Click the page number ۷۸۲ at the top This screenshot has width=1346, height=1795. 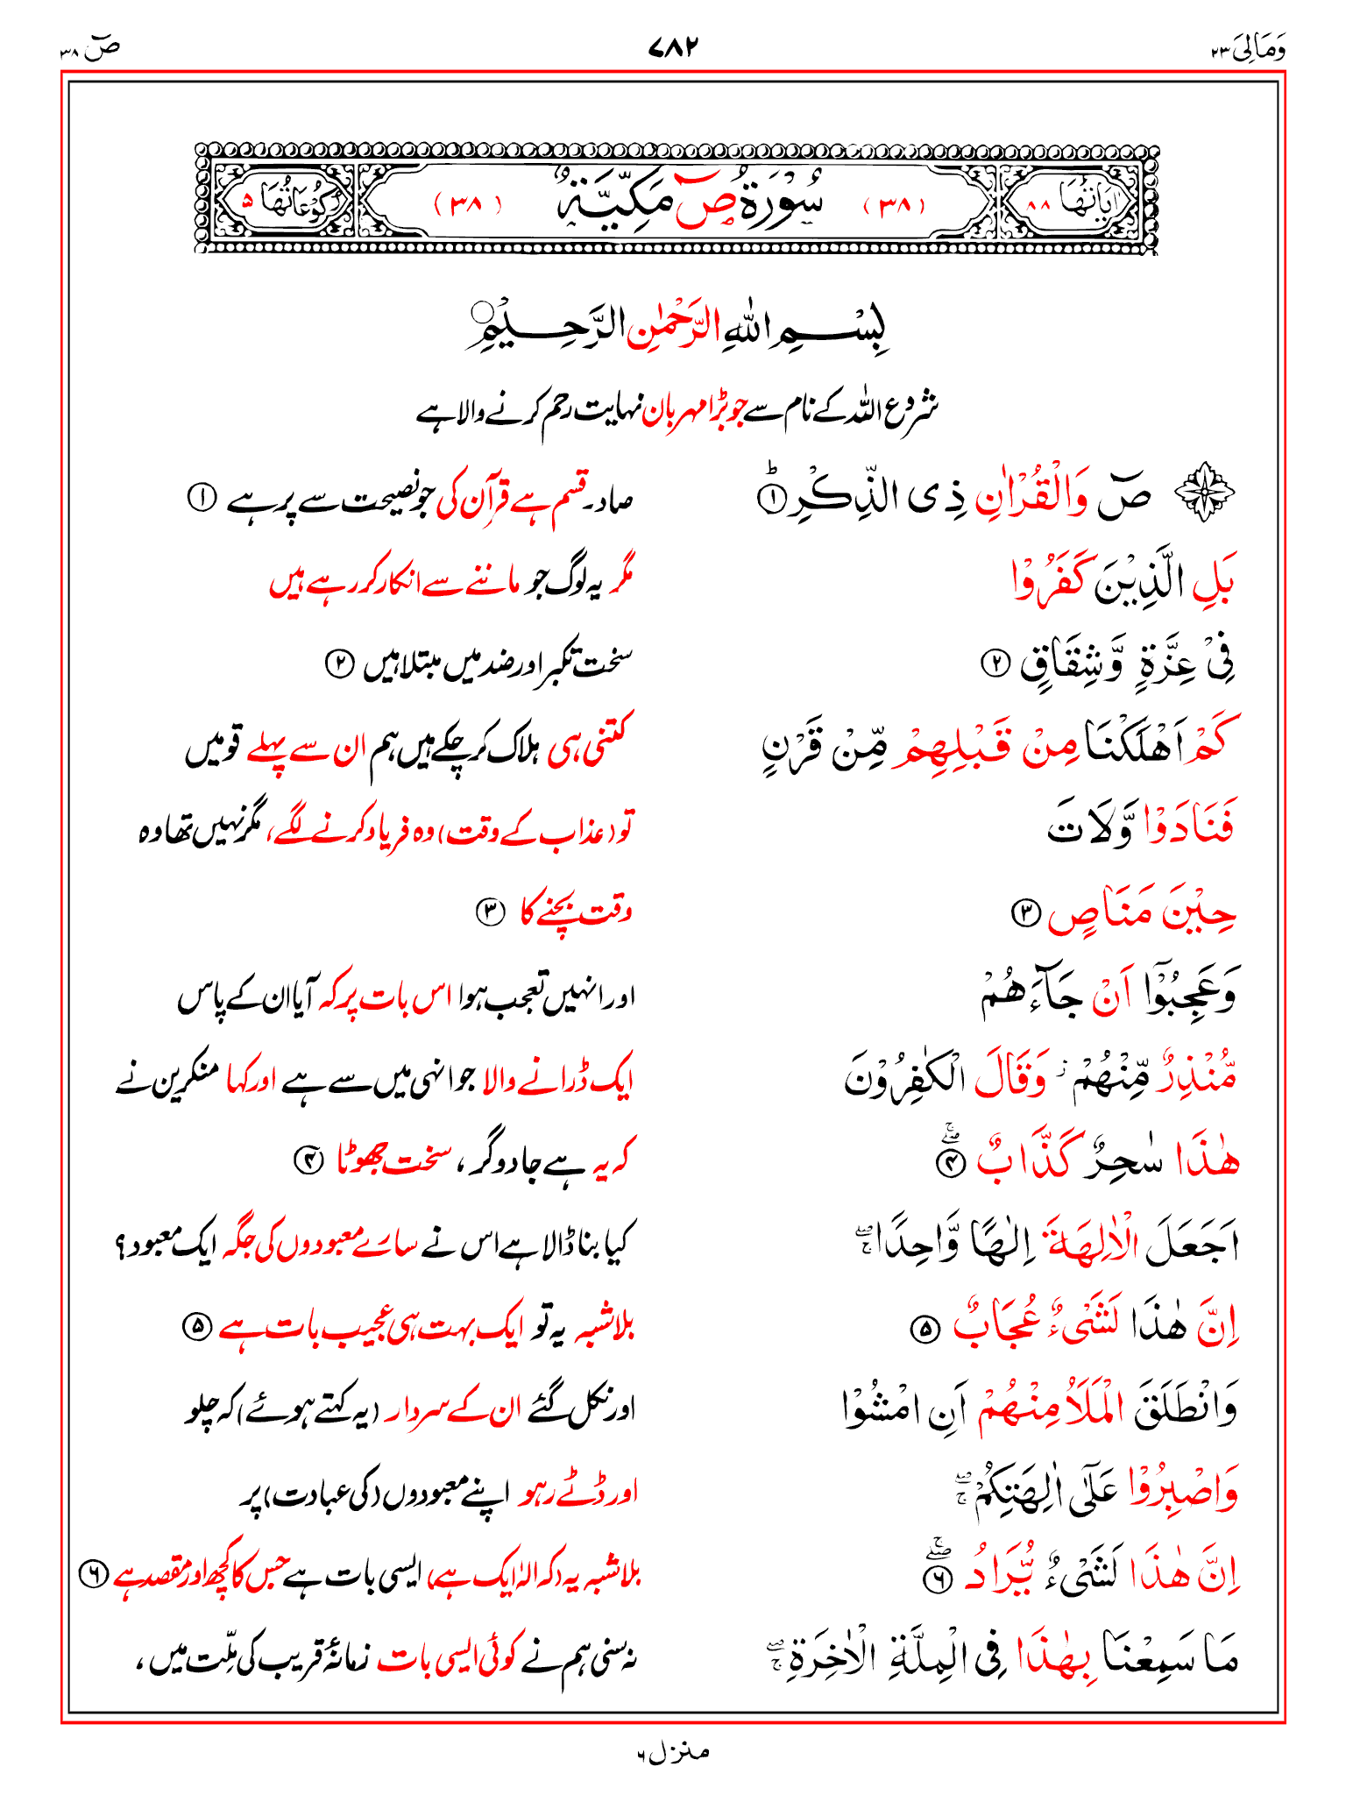pyautogui.click(x=673, y=46)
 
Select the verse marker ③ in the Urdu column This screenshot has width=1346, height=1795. pyautogui.click(x=490, y=912)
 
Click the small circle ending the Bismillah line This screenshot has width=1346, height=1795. pyautogui.click(x=481, y=313)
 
